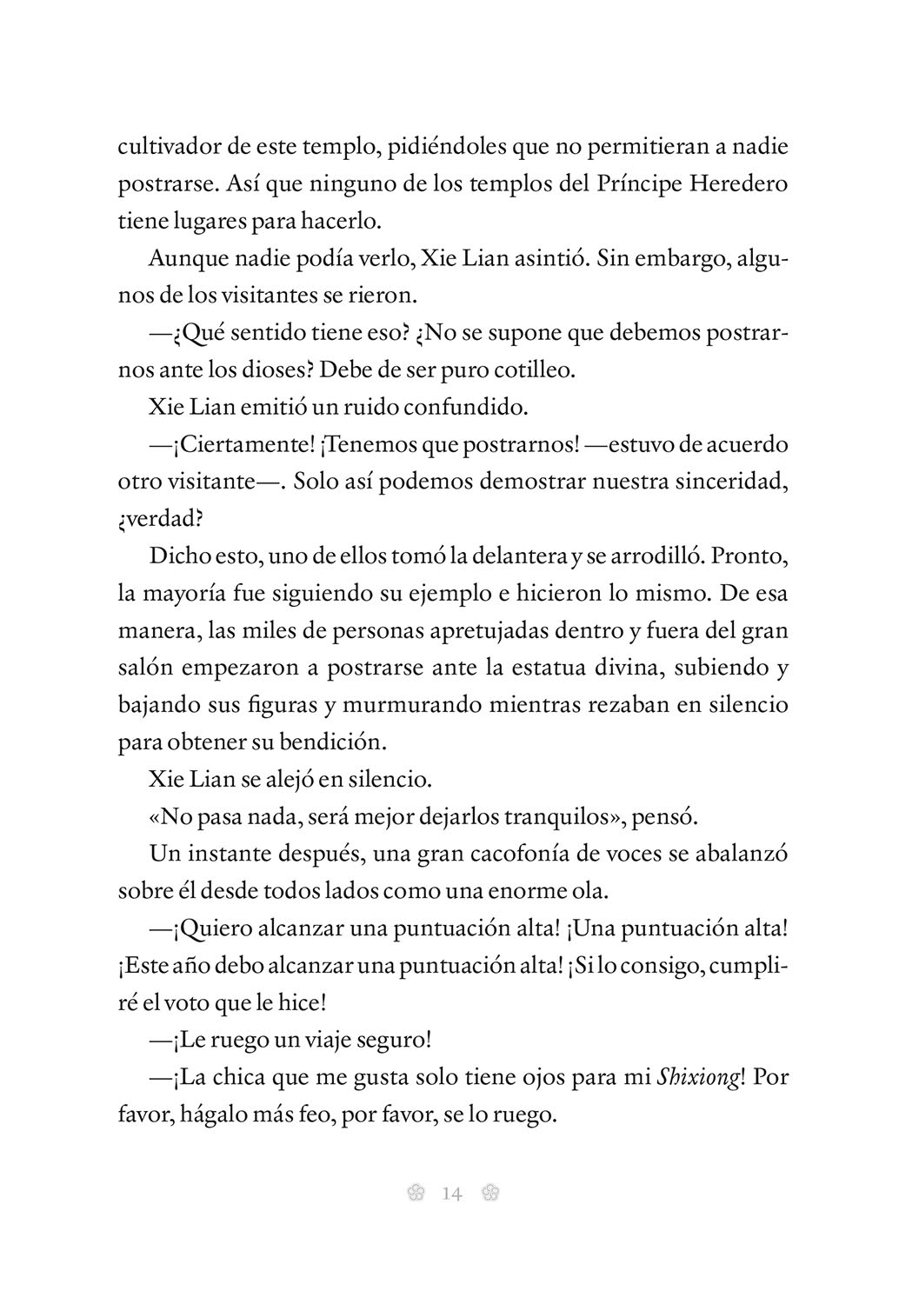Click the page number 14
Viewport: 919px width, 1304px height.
(x=452, y=1194)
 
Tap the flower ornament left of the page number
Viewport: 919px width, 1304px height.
(x=415, y=1194)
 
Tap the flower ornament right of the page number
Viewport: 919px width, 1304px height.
(x=489, y=1194)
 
